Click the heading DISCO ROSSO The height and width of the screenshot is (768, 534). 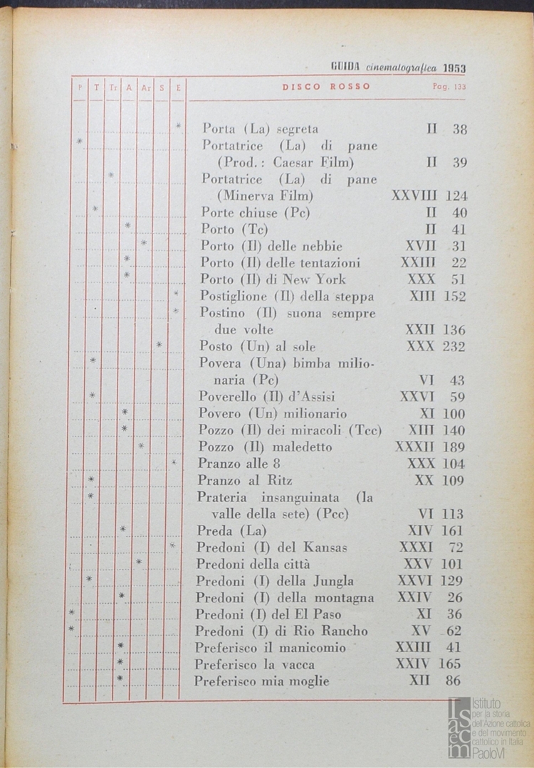coord(326,87)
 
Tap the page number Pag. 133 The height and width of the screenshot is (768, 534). coord(449,87)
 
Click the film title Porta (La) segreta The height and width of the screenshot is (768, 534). coord(260,129)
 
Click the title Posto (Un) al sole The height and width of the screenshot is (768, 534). coord(257,347)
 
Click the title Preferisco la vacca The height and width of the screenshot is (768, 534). coord(255,664)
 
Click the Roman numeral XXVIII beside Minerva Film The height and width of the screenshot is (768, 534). coord(414,196)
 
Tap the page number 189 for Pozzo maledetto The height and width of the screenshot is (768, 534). coord(451,447)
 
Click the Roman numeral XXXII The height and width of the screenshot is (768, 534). coord(415,447)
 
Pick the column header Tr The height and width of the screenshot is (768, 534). coord(112,87)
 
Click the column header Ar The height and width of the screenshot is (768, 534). coord(145,87)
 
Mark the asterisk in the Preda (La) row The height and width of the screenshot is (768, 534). coord(123,530)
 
